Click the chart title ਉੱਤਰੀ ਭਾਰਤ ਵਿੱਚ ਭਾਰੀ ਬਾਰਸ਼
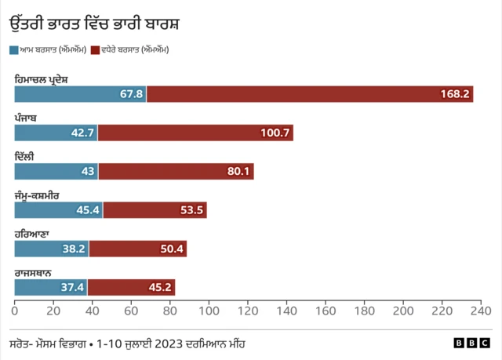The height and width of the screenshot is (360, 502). [94, 23]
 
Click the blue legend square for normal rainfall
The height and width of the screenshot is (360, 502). [13, 49]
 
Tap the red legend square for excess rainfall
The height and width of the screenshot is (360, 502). [96, 49]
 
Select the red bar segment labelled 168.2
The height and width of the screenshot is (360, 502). [309, 94]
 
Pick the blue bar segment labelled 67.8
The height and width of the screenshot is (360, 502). [80, 94]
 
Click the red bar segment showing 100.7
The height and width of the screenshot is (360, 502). [195, 133]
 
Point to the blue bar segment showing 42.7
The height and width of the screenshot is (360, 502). [55, 133]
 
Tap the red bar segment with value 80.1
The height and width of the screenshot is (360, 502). [175, 171]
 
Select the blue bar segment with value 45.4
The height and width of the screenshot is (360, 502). [58, 209]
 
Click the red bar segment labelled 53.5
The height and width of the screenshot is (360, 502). [155, 209]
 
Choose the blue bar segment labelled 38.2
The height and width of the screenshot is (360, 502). [51, 248]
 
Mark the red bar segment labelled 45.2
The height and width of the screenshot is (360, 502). [131, 286]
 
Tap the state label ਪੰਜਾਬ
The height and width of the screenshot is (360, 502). [26, 117]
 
